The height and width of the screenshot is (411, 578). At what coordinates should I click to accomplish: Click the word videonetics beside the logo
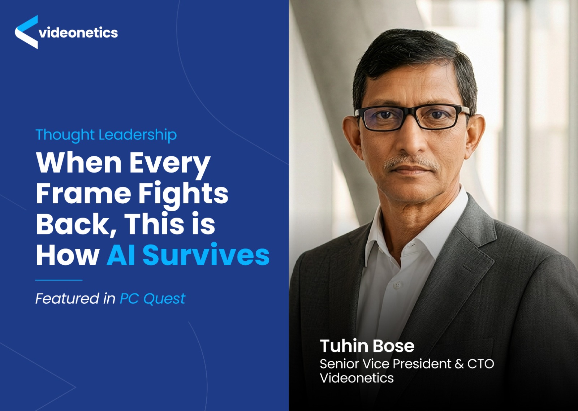(78, 33)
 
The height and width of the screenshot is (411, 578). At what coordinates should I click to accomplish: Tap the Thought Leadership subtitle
(106, 135)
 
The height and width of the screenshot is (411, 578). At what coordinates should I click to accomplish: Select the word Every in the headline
(170, 163)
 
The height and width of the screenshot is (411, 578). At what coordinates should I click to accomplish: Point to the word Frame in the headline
(83, 194)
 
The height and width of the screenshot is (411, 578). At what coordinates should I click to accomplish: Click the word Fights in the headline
(183, 194)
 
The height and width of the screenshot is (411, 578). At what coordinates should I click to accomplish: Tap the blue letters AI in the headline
(121, 255)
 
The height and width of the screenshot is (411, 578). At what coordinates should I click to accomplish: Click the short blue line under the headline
(59, 280)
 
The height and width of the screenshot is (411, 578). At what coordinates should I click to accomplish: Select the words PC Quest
(152, 299)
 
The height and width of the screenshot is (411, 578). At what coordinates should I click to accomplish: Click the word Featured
(67, 299)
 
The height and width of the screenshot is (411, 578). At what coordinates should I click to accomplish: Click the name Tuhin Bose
(367, 346)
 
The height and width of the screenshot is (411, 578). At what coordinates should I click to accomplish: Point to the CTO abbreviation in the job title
(480, 364)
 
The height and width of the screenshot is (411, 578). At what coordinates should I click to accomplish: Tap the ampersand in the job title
(459, 364)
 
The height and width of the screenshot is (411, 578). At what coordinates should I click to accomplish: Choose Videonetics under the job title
(357, 378)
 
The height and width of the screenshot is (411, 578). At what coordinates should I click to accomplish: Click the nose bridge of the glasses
(411, 114)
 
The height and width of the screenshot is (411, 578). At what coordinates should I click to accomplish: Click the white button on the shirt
(397, 285)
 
